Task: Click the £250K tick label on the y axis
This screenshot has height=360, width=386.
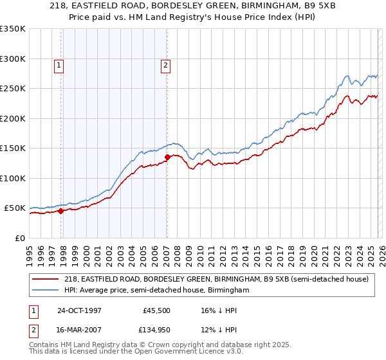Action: point(13,89)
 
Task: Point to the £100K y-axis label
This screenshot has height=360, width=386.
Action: point(13,178)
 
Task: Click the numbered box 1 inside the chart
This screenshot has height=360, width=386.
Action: point(59,64)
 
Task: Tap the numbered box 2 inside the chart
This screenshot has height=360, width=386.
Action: point(165,64)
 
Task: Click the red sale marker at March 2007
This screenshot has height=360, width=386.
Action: point(167,156)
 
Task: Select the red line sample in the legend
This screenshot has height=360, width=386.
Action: point(46,279)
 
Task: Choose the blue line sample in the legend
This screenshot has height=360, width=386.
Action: point(46,290)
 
